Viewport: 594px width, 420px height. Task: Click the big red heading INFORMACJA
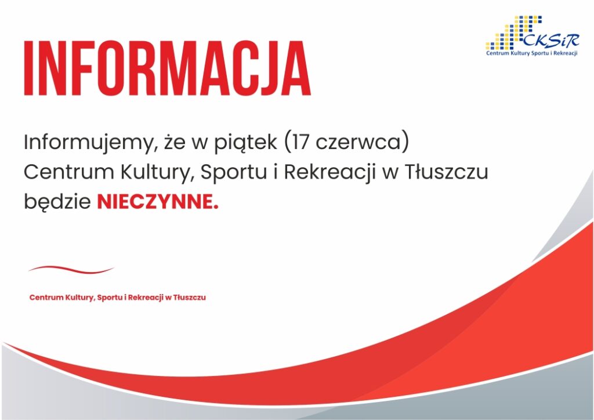click(167, 68)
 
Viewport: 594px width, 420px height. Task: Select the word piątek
click(246, 143)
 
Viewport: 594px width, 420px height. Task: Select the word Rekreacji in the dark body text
click(329, 173)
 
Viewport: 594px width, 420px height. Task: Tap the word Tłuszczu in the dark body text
click(447, 172)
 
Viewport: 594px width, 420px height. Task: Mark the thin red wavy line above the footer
click(71, 269)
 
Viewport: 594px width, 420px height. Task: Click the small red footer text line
click(117, 297)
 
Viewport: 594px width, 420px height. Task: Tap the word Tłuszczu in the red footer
click(190, 297)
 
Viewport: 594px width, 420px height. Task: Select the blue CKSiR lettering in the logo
click(551, 40)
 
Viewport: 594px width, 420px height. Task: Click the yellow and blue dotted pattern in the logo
click(514, 32)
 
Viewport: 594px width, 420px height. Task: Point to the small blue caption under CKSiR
click(532, 53)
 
